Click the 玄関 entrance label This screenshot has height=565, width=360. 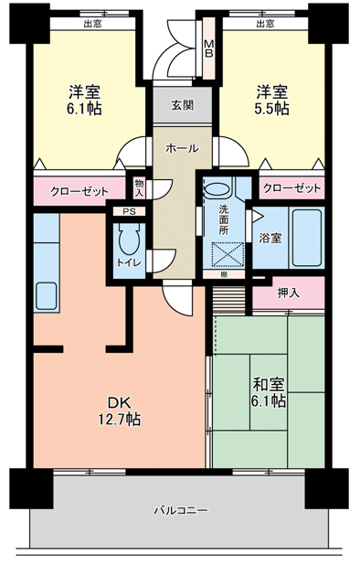pos(182,105)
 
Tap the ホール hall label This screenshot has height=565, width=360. pos(182,148)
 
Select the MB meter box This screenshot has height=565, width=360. pos(209,48)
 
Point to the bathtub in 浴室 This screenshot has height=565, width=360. pos(307,238)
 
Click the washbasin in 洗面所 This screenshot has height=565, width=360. pos(217,189)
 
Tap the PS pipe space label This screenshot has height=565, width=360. pos(129,211)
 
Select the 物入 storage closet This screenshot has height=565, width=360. pos(139,187)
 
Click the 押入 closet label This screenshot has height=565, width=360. pos(289,293)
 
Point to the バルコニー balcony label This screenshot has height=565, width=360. pos(181,510)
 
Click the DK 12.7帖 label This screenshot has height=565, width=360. pos(120,411)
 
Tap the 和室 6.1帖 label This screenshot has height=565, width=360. pos(269,392)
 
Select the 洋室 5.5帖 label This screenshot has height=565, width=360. pos(271,100)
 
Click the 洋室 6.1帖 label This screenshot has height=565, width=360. pos(84,100)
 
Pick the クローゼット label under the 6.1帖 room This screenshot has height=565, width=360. pos(79,191)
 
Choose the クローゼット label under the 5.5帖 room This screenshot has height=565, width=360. pos(292,188)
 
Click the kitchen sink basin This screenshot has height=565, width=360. pos(46,295)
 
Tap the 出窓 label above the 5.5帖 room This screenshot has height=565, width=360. pos(265,24)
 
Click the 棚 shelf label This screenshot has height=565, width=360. pos(224,274)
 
